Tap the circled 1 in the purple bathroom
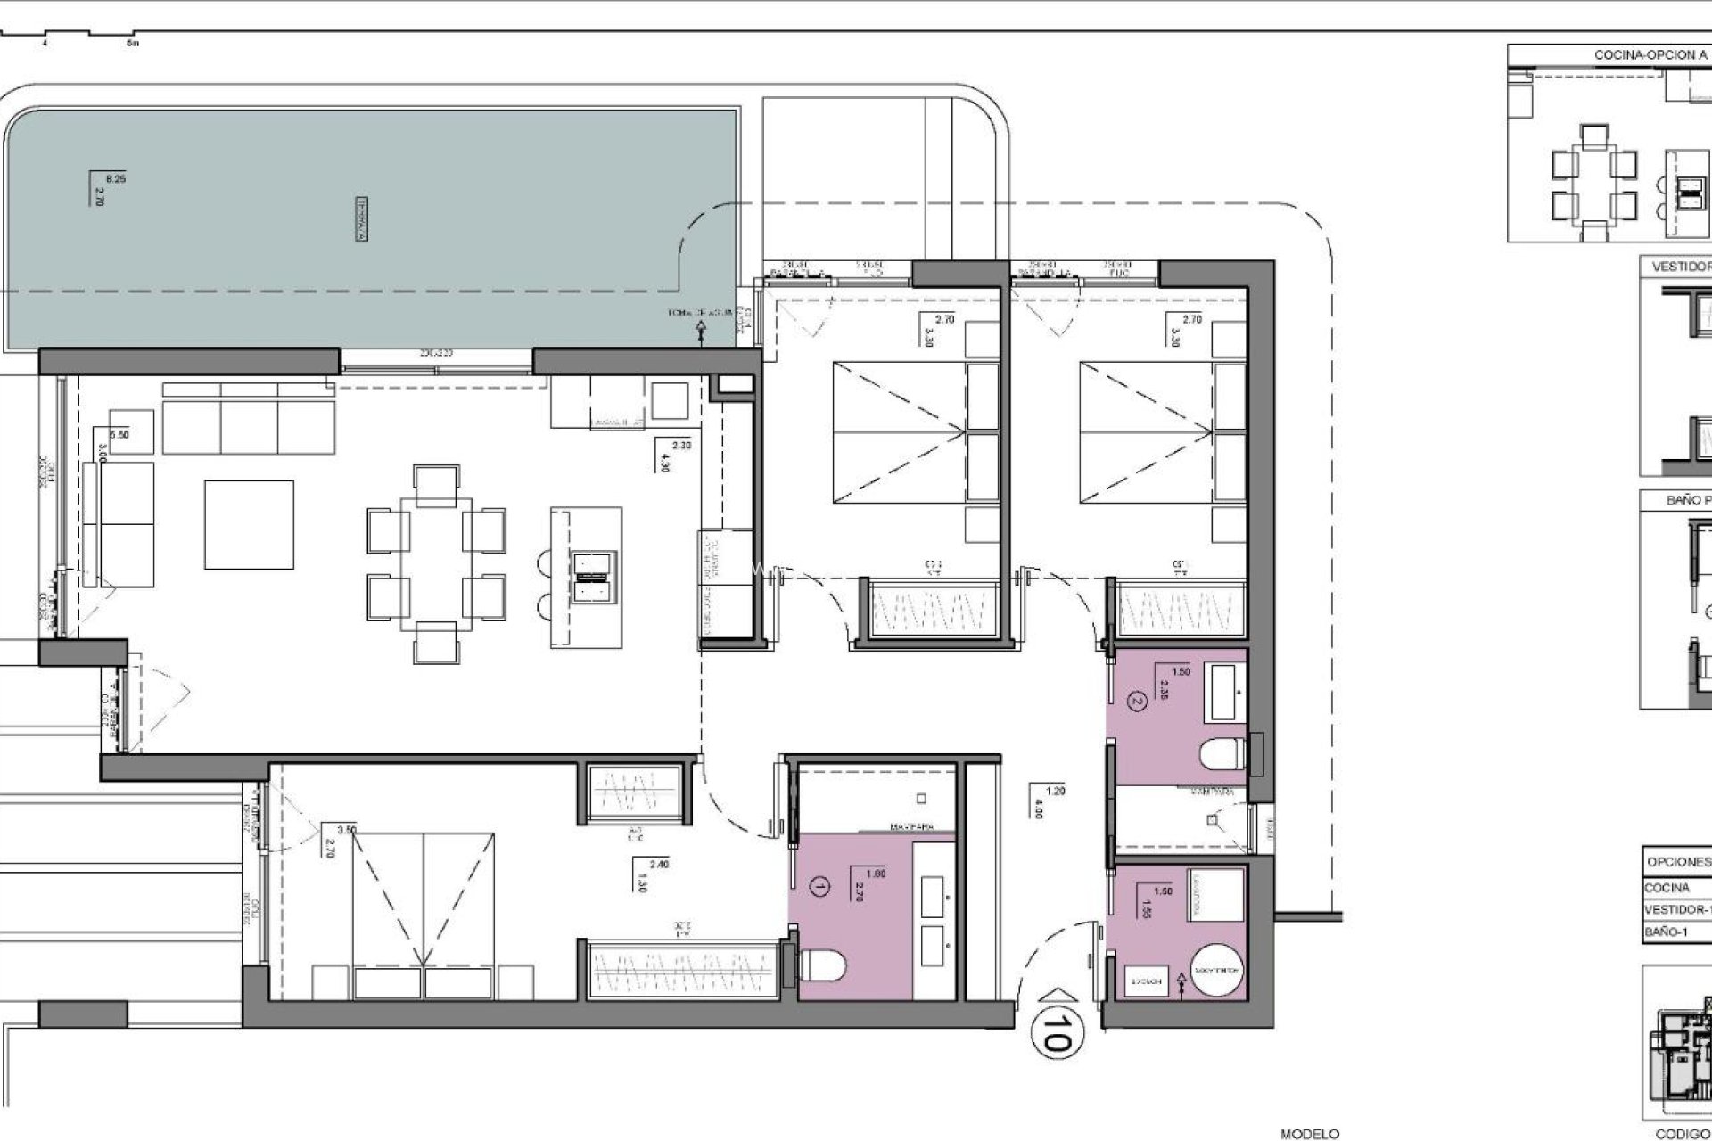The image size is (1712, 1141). pos(820,886)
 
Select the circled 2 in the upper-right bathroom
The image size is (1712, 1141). pos(1136,702)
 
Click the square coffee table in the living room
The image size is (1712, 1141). pos(249,524)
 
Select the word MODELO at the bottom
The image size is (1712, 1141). pos(1310,1134)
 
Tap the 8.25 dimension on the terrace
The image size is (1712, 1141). pos(116,179)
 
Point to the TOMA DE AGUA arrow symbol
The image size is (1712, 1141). pos(701,332)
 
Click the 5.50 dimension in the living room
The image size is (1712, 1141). pos(119,435)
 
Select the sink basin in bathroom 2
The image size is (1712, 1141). pos(1223,694)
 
